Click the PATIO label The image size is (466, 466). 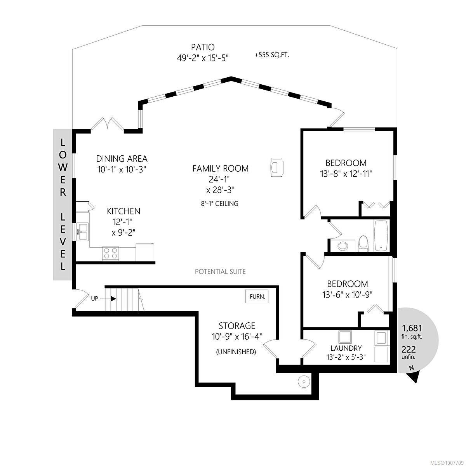(x=203, y=47)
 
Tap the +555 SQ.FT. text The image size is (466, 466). (x=272, y=55)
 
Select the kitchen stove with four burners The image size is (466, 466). (x=111, y=254)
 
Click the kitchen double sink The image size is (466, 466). (x=83, y=232)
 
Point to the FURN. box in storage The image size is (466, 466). (x=257, y=296)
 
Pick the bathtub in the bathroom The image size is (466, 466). (x=381, y=236)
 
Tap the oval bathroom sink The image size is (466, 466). (x=343, y=246)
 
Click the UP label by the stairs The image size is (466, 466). (x=94, y=299)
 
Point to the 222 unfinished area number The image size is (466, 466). (x=409, y=349)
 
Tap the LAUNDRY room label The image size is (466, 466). (x=346, y=348)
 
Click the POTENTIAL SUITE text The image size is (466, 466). (x=220, y=271)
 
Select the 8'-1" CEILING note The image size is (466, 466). (x=220, y=203)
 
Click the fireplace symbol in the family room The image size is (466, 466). (x=277, y=167)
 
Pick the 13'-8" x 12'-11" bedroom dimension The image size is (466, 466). (x=346, y=174)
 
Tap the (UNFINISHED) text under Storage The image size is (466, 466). (x=236, y=351)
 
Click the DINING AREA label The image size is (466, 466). (x=122, y=159)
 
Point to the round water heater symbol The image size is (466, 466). (x=304, y=382)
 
